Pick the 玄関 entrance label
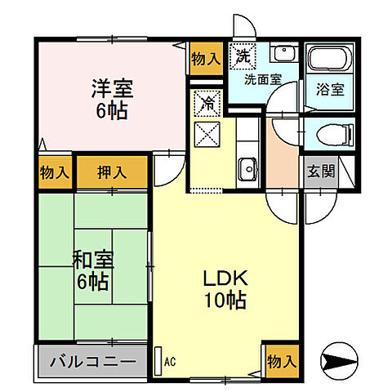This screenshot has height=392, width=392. click(319, 171)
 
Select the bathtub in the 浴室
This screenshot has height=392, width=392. click(329, 60)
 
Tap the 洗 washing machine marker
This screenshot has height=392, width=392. click(242, 56)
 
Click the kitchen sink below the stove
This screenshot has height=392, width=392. click(247, 169)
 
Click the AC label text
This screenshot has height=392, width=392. click(171, 359)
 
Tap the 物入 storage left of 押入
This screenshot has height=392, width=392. click(54, 171)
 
